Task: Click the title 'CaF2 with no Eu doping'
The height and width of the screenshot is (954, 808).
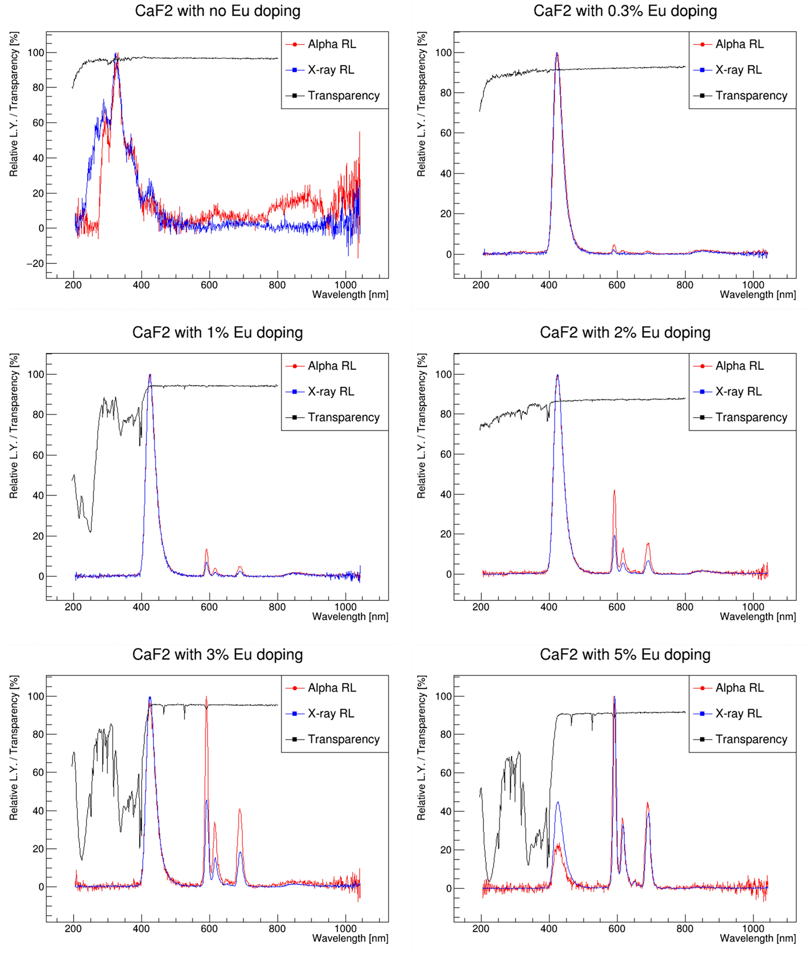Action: pyautogui.click(x=218, y=11)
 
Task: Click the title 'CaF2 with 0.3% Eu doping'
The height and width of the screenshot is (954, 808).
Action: pyautogui.click(x=625, y=11)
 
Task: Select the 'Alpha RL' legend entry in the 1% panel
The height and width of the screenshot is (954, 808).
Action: pyautogui.click(x=332, y=366)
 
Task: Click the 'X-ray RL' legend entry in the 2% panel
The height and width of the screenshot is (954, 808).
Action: pyautogui.click(x=738, y=392)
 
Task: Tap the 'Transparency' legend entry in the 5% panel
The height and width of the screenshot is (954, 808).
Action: pyautogui.click(x=751, y=739)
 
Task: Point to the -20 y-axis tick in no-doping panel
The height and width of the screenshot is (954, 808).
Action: pyautogui.click(x=36, y=263)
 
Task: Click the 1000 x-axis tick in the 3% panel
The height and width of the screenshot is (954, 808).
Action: pyautogui.click(x=345, y=929)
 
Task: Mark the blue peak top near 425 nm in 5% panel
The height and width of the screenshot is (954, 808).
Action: pyautogui.click(x=557, y=802)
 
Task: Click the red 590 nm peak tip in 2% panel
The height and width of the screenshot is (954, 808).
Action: pyautogui.click(x=614, y=491)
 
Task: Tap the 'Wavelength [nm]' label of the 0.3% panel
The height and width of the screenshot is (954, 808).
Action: pyautogui.click(x=757, y=295)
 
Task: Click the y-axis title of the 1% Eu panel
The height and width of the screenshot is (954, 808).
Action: pyautogui.click(x=14, y=426)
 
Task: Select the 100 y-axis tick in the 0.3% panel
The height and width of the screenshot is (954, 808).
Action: pyautogui.click(x=443, y=53)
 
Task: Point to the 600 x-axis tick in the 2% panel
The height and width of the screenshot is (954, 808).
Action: pyautogui.click(x=617, y=607)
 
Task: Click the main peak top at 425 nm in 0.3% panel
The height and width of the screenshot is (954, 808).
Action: pyautogui.click(x=557, y=53)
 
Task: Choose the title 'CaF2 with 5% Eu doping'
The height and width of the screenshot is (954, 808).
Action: pyautogui.click(x=625, y=654)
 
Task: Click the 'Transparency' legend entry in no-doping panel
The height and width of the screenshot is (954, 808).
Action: pyautogui.click(x=343, y=96)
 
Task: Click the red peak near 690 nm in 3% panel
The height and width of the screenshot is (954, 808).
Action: pyautogui.click(x=239, y=809)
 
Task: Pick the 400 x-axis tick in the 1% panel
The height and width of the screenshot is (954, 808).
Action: pyautogui.click(x=141, y=607)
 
